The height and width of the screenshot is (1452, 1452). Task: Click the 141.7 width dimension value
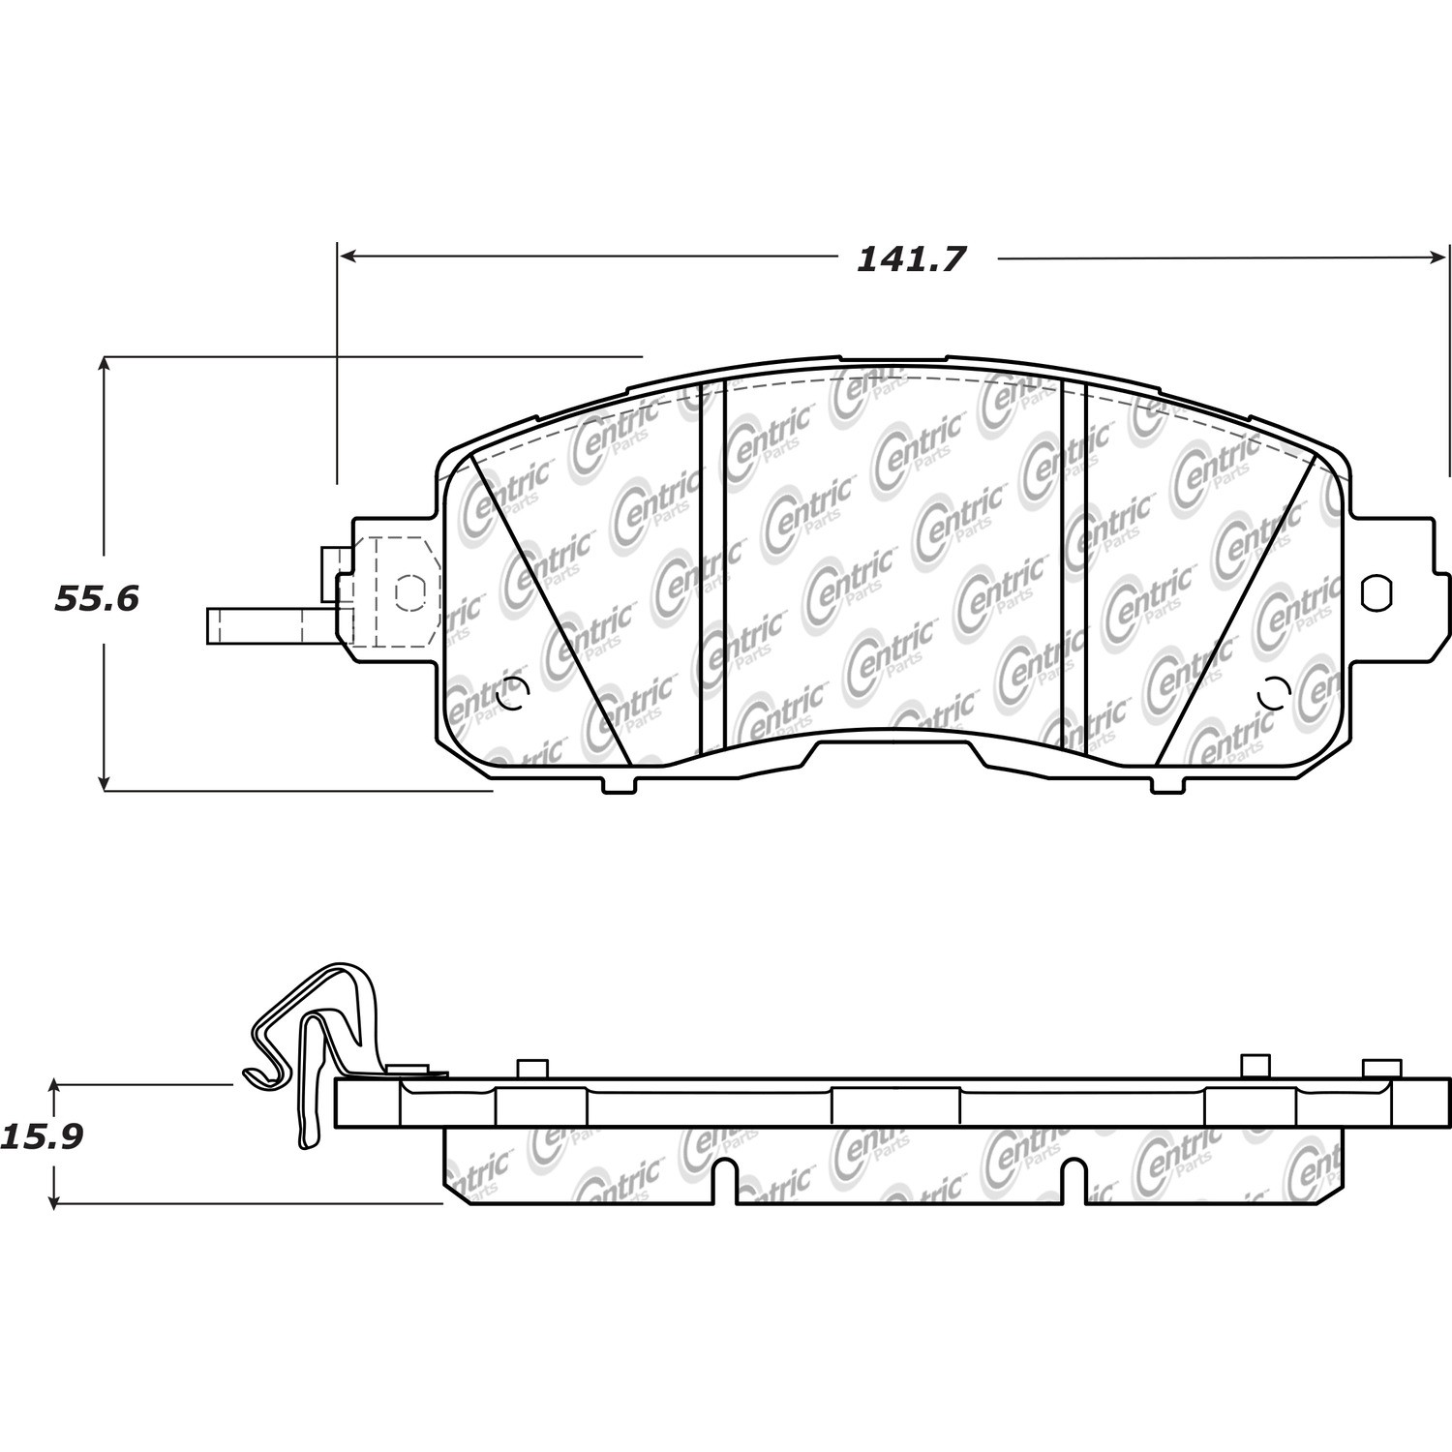tap(911, 258)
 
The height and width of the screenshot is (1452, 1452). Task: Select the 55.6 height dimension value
tap(97, 599)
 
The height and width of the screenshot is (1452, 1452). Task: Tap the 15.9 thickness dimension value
tap(42, 1135)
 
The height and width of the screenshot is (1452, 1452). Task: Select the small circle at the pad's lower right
tap(1273, 691)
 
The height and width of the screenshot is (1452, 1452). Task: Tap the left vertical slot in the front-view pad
tap(711, 565)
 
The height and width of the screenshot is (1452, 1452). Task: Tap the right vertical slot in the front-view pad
tap(1074, 565)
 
